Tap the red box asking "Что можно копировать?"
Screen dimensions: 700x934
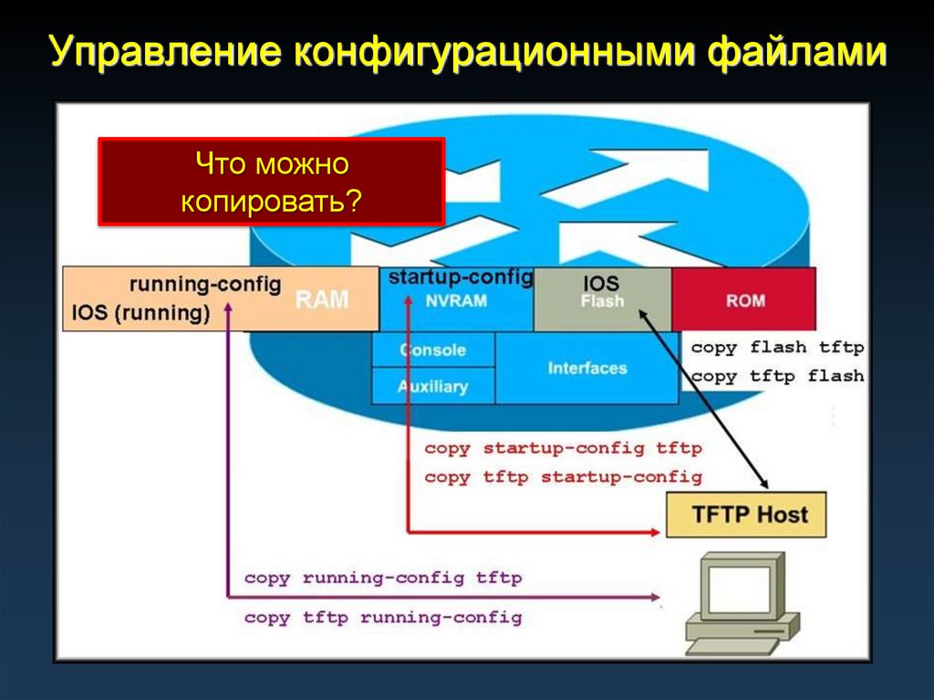271,181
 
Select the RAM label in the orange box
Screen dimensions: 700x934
322,299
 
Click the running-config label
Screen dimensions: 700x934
204,283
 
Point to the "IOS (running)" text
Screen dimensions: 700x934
140,313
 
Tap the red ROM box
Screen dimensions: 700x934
744,299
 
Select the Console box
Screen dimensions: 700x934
432,350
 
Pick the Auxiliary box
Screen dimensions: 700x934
432,386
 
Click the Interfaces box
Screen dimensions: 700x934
587,368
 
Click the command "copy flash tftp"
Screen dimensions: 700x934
777,348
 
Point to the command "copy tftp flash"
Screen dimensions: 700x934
777,376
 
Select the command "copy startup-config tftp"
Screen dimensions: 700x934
563,448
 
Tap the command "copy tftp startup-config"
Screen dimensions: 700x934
563,476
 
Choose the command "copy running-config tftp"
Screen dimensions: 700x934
383,578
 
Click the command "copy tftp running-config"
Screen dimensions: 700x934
383,618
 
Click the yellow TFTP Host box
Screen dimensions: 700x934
749,514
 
